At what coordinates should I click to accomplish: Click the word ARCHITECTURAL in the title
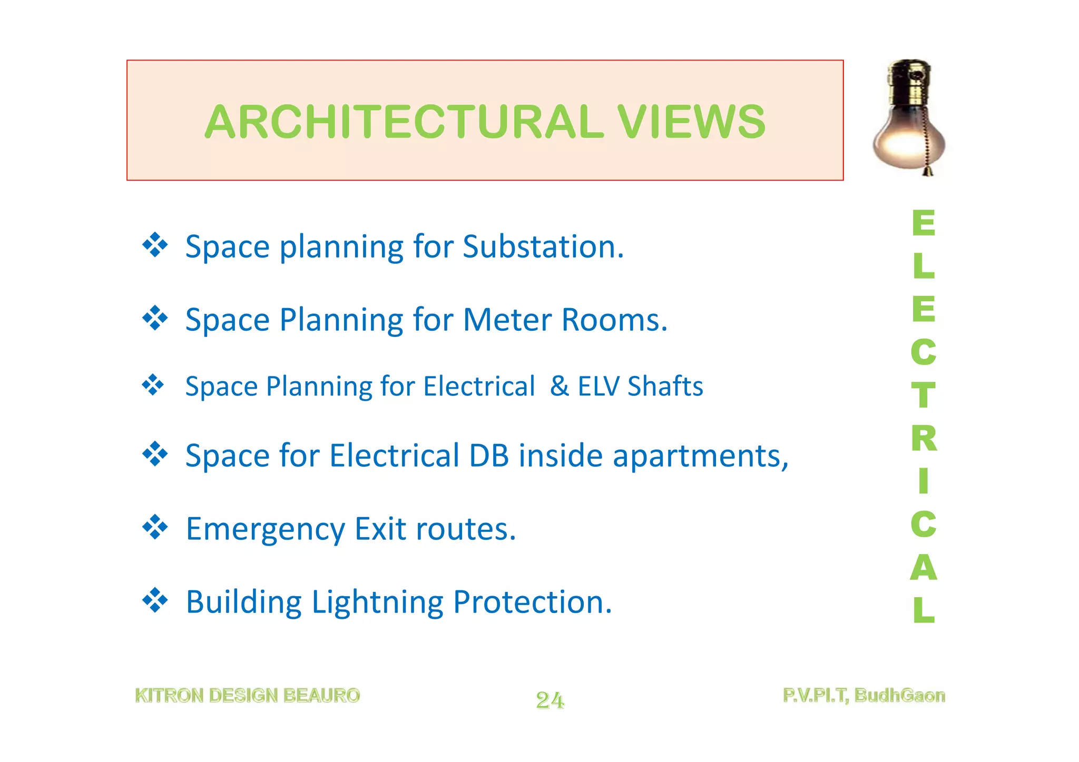point(404,122)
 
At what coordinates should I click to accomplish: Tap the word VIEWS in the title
point(691,122)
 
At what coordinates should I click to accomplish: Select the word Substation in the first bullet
point(543,246)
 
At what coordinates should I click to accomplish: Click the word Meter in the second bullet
point(507,320)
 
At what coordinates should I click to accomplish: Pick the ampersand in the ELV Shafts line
point(559,386)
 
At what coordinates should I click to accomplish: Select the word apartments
point(700,457)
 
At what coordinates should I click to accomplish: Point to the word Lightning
point(377,602)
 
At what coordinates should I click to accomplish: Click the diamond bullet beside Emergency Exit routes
point(155,527)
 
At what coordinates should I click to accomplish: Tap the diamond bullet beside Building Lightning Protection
point(155,600)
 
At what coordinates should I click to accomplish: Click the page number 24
point(550,700)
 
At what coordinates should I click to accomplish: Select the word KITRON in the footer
point(169,696)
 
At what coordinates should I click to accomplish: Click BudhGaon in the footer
point(899,696)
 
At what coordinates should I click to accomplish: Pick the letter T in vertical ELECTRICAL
point(923,395)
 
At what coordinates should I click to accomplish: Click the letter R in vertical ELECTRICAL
point(924,438)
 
